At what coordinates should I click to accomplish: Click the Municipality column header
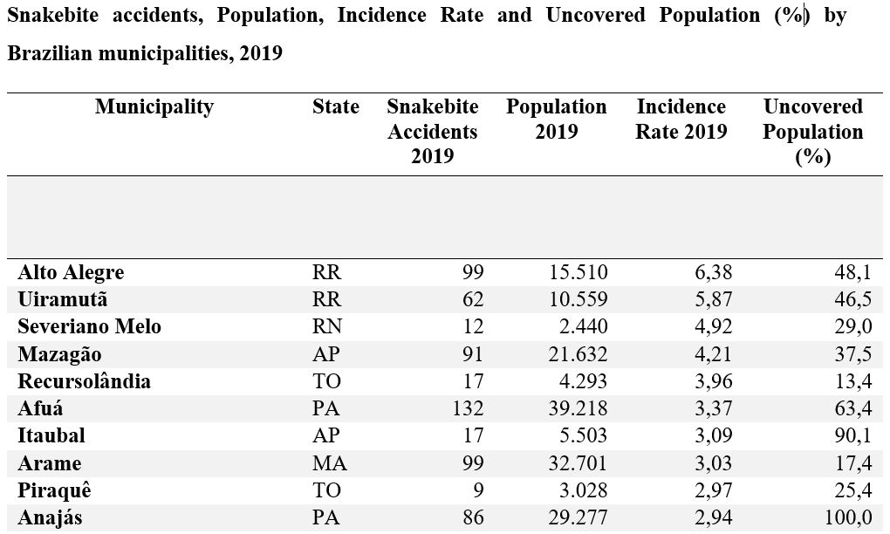154,106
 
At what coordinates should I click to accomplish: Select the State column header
335,106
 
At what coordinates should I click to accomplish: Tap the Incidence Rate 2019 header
681,120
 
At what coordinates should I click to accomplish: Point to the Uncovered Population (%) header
813,131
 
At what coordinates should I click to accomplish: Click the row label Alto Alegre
71,272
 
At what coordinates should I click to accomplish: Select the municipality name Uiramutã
63,299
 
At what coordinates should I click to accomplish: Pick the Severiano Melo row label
90,326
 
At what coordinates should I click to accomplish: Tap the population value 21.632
578,354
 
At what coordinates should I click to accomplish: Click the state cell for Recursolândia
326,381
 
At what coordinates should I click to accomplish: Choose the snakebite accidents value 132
468,408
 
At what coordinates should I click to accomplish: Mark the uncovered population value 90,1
853,435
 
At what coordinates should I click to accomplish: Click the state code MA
329,463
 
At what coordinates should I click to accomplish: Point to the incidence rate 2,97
714,490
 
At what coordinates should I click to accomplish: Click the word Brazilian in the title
50,53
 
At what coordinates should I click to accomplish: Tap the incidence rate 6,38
714,272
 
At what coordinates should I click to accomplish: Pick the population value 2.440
584,326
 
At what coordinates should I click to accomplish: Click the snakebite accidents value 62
473,299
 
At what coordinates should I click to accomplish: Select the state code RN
327,326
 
